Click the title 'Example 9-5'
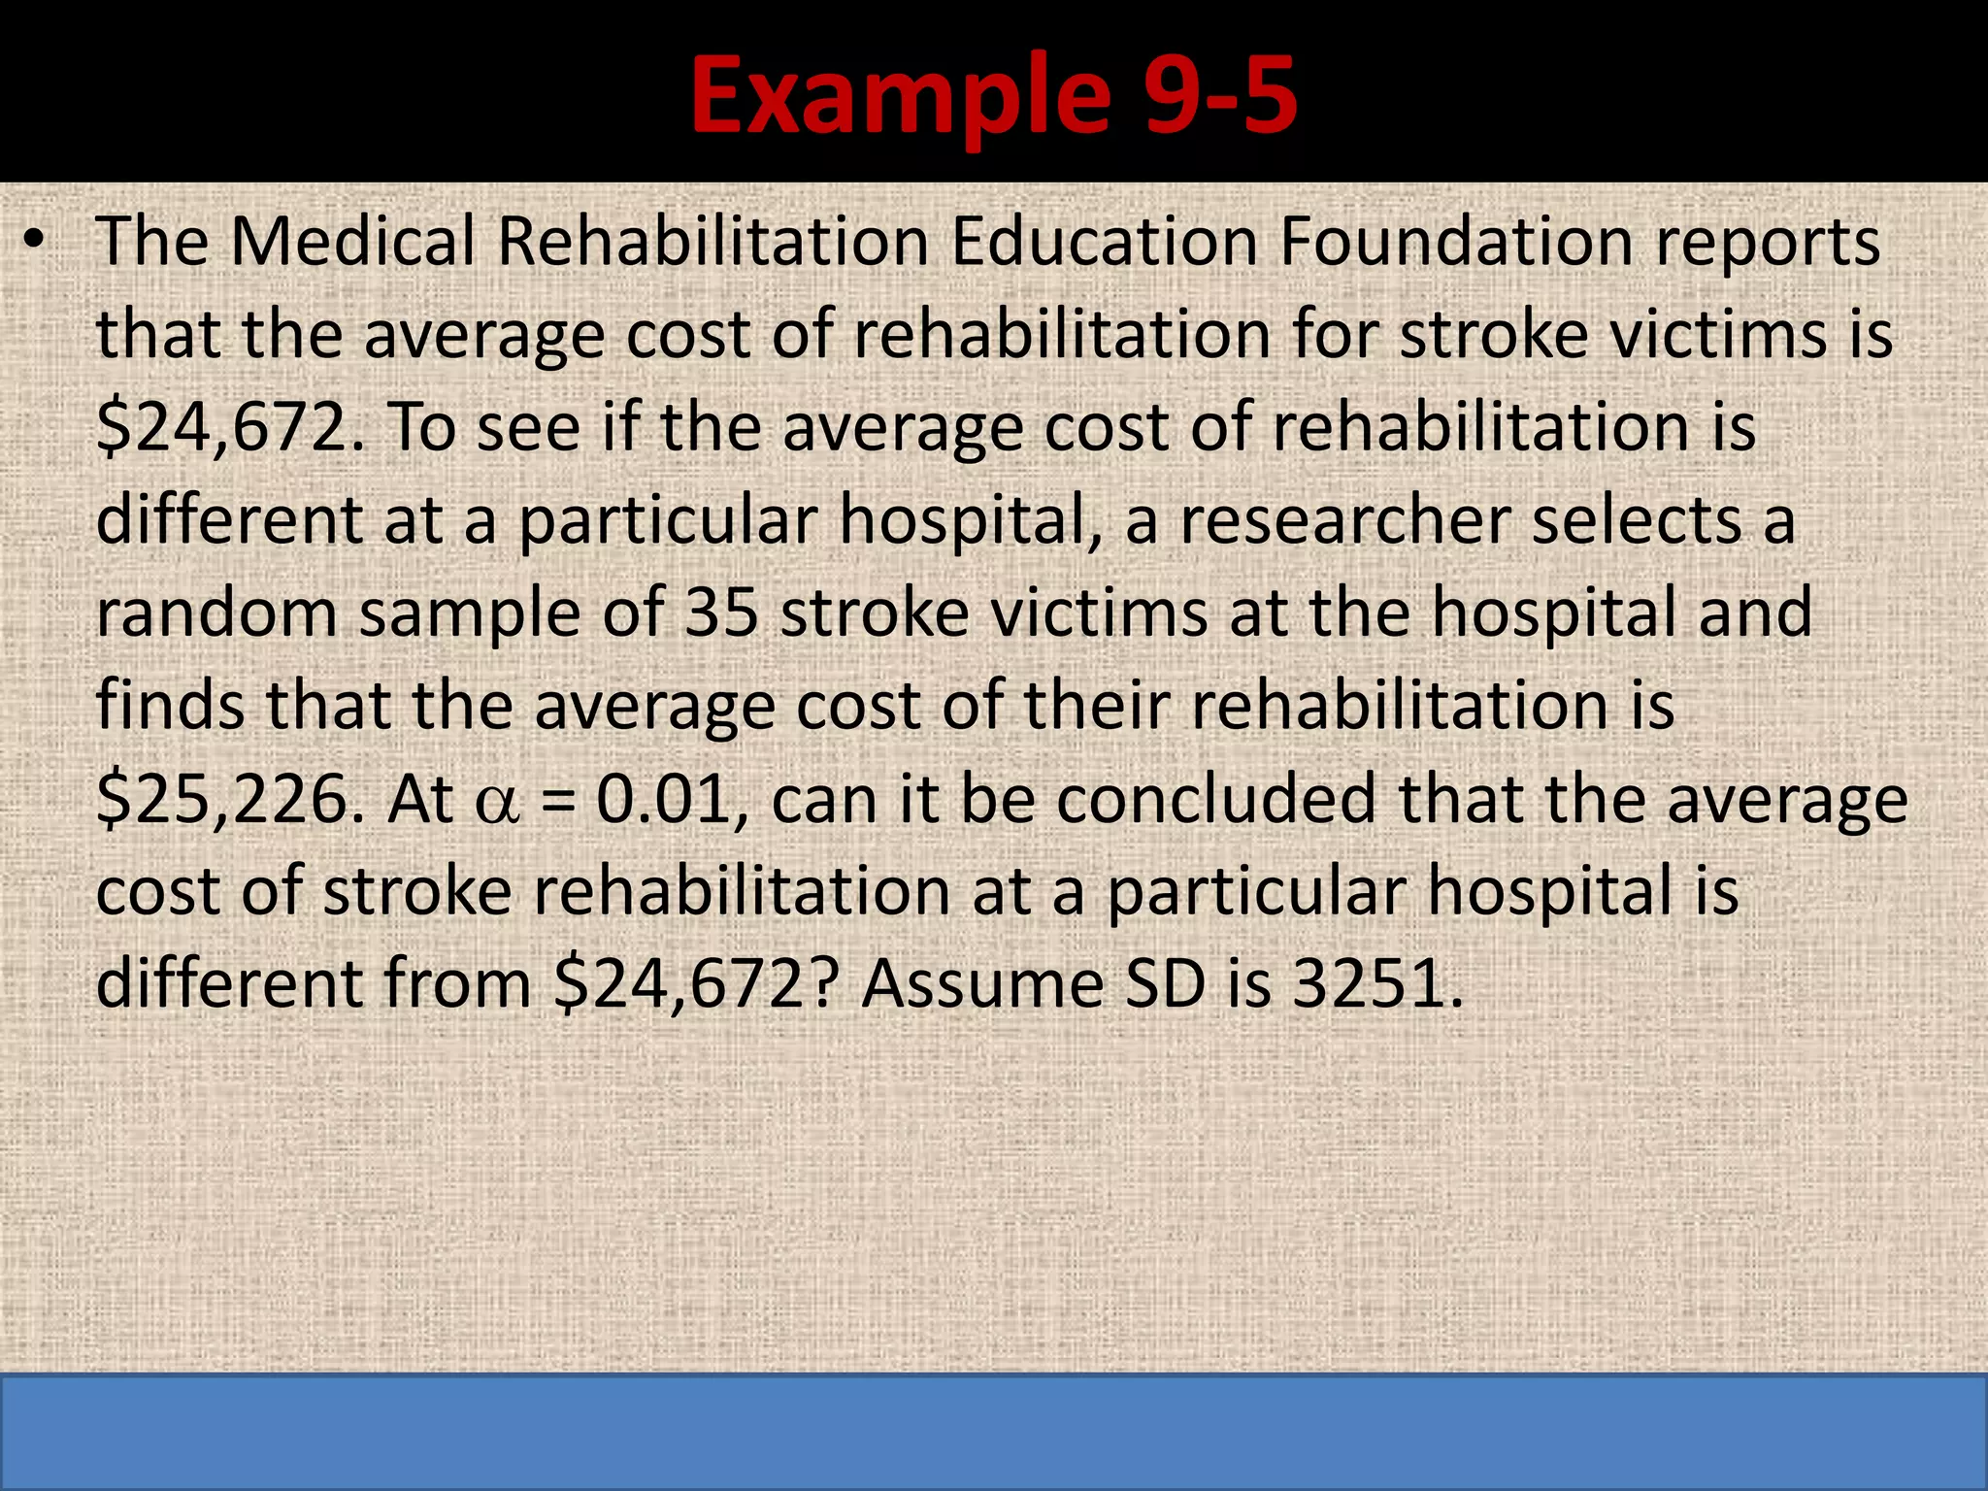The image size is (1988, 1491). coord(993,95)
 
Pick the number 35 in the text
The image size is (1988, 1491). coord(721,613)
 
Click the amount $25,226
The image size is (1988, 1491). coord(231,800)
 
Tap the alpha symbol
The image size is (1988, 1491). coord(497,804)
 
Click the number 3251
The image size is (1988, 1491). coord(1376,984)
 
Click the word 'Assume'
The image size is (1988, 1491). coord(982,984)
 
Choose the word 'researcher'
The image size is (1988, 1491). coord(1344,521)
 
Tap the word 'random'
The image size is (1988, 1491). coord(216,613)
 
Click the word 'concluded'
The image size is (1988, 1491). coord(1216,800)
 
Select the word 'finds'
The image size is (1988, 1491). coord(171,706)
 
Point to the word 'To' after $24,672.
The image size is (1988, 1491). coord(420,428)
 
